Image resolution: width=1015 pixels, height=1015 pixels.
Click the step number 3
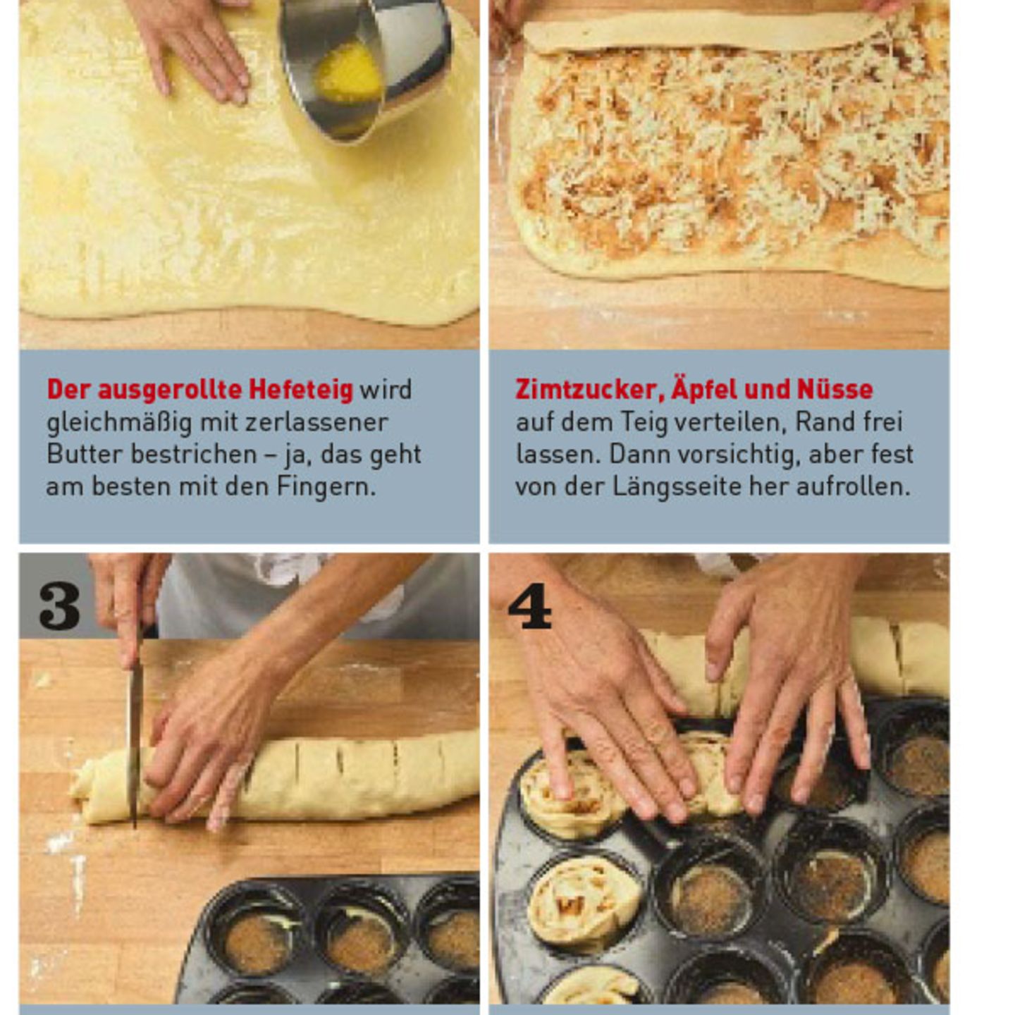pos(59,606)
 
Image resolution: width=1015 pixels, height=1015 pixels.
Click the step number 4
pos(529,606)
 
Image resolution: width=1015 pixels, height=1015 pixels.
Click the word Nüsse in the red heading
pos(835,390)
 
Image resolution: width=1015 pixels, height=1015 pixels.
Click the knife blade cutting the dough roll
pos(134,733)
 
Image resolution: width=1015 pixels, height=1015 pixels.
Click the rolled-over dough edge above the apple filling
pos(698,32)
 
